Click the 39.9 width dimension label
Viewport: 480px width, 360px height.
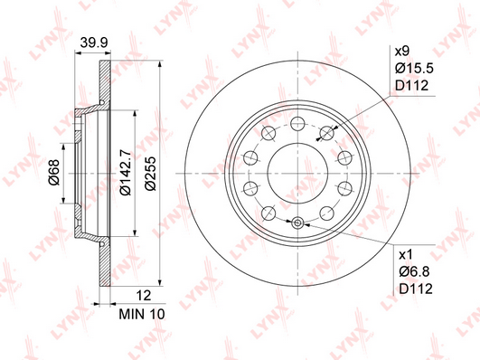(94, 43)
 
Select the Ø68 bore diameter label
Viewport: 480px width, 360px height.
(54, 173)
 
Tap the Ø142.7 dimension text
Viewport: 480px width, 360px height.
(126, 173)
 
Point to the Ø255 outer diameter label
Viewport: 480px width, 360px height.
(150, 174)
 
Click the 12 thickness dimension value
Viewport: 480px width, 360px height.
(144, 296)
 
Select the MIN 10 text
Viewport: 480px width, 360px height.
(142, 314)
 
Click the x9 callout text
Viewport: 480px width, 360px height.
(402, 52)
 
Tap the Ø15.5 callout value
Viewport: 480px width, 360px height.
(414, 69)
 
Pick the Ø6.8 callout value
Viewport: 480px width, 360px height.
(415, 271)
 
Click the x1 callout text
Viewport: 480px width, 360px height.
(406, 254)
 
